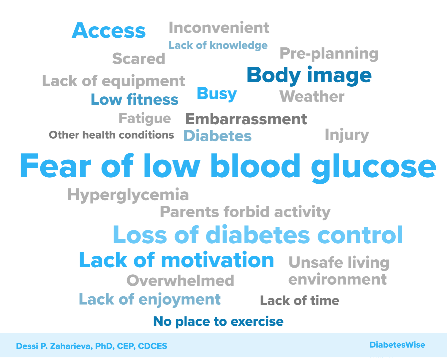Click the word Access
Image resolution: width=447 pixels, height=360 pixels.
pos(109,31)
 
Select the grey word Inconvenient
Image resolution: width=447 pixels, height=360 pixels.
pos(219,27)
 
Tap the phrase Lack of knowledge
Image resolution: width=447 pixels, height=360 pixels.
pos(218,45)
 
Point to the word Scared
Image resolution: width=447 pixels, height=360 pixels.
pos(139,59)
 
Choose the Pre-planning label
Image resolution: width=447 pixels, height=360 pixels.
pos(329,54)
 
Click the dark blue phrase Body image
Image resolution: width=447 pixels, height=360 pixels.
pos(309,76)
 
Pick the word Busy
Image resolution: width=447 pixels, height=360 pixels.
pos(217,94)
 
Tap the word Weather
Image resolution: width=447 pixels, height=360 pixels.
pos(312,96)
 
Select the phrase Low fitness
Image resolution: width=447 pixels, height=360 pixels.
pos(135,99)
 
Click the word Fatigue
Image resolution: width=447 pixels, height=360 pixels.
pos(145,119)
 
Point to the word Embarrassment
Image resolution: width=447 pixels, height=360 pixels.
pos(246,119)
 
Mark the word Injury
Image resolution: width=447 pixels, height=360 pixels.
pos(347,135)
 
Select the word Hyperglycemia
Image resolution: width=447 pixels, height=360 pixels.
pos(128,195)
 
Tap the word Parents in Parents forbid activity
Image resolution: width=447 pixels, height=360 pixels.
pos(190,212)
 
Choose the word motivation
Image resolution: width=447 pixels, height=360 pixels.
pos(218,260)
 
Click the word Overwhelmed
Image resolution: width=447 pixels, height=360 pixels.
pos(180,280)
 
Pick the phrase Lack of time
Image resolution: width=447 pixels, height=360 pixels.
pos(300,301)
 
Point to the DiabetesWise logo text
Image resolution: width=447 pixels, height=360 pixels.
pos(397,345)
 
